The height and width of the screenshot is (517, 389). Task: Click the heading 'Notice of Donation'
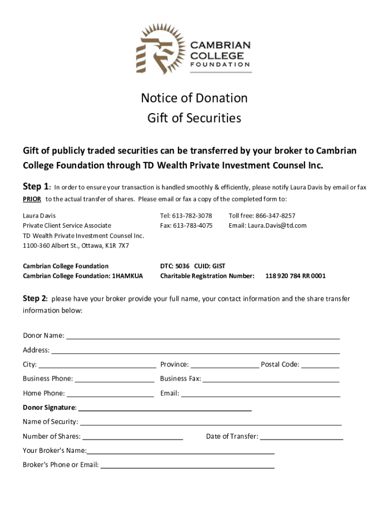click(194, 98)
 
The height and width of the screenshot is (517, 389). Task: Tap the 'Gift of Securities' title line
click(194, 118)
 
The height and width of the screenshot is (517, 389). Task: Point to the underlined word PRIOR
click(32, 198)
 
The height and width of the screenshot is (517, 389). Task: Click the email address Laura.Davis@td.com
click(277, 226)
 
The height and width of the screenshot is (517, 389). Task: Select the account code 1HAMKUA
click(126, 276)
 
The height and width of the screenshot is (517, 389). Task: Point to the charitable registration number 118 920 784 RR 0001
click(296, 276)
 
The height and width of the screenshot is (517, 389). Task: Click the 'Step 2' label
click(35, 298)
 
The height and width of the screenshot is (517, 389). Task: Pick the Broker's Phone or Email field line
click(187, 467)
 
